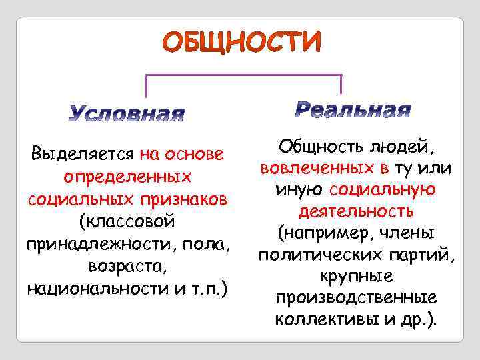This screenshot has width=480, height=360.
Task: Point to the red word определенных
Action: click(127, 177)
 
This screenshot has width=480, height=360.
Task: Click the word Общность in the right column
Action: click(314, 145)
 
